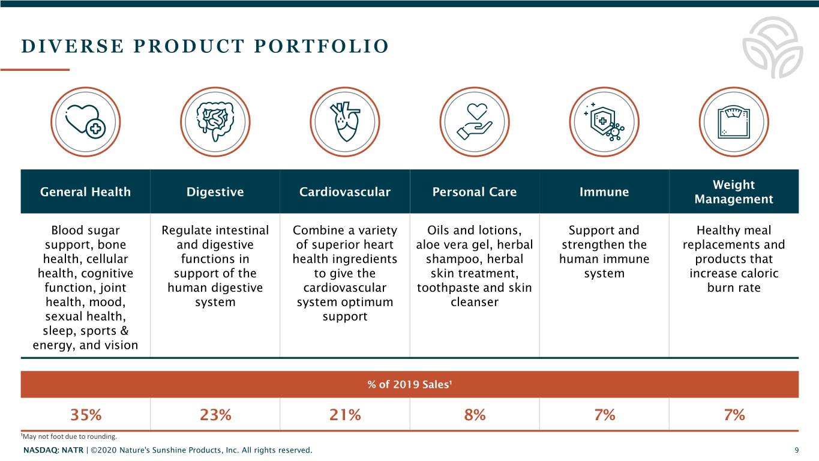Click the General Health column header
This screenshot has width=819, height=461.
click(85, 192)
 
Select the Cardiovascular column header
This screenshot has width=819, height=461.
click(344, 192)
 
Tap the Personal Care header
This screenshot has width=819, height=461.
click(474, 192)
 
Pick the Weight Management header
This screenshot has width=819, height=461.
click(733, 192)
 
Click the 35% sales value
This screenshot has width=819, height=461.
click(86, 415)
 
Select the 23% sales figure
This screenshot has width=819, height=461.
click(215, 415)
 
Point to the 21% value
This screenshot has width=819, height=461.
click(345, 415)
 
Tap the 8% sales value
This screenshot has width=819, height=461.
click(475, 415)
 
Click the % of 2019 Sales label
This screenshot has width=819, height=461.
click(409, 385)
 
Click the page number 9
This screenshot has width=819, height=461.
click(796, 450)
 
